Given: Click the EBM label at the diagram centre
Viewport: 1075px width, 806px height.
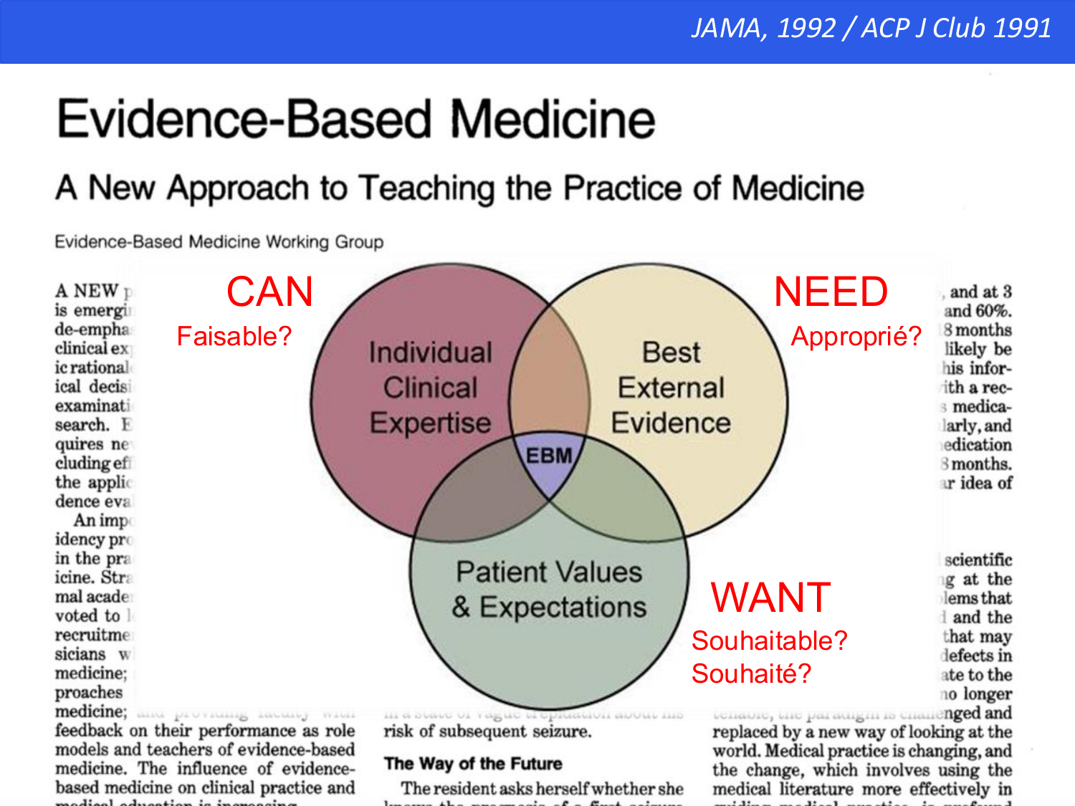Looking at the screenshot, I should pyautogui.click(x=549, y=456).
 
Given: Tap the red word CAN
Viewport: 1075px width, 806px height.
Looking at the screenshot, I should pyautogui.click(x=270, y=292).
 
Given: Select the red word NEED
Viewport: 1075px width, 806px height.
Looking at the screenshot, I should pyautogui.click(x=831, y=292).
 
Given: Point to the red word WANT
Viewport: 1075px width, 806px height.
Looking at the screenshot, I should pyautogui.click(x=770, y=598).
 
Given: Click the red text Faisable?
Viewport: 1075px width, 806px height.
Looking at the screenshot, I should pyautogui.click(x=234, y=336).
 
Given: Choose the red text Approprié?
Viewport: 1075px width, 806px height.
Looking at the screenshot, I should pyautogui.click(x=856, y=336).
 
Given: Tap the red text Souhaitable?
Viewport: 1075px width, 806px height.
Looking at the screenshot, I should pyautogui.click(x=769, y=641).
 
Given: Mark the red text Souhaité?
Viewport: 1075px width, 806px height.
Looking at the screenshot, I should pyautogui.click(x=751, y=673).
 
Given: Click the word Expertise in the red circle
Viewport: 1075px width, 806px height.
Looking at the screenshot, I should pyautogui.click(x=430, y=423).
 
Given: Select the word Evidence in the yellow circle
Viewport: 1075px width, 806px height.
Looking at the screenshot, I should pyautogui.click(x=671, y=423).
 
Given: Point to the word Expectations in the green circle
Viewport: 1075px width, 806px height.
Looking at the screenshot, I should pyautogui.click(x=563, y=608).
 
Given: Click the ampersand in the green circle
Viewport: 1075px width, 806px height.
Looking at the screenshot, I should pyautogui.click(x=462, y=608).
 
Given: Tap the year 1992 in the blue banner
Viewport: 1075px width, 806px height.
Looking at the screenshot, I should pyautogui.click(x=806, y=29).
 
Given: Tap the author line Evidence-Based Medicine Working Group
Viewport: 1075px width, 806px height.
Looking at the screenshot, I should pyautogui.click(x=219, y=242).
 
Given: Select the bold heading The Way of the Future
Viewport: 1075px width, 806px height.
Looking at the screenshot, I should pyautogui.click(x=473, y=764).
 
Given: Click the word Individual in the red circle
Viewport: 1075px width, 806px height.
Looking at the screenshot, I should pyautogui.click(x=430, y=352).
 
